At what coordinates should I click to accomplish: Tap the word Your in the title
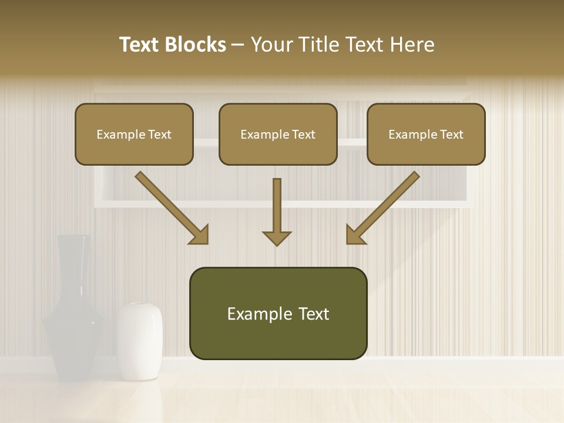[x=269, y=45]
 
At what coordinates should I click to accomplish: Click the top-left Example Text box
[x=134, y=134]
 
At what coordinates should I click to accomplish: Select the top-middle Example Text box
[x=278, y=134]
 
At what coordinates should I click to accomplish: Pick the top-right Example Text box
[x=426, y=134]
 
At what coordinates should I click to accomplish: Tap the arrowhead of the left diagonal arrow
[x=200, y=236]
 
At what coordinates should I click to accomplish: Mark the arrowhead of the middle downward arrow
[x=277, y=237]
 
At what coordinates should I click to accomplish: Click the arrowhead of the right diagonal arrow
[x=354, y=236]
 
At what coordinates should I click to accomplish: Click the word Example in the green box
[x=251, y=314]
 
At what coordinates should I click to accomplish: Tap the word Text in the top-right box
[x=451, y=135]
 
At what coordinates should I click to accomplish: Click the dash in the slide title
[x=238, y=45]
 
